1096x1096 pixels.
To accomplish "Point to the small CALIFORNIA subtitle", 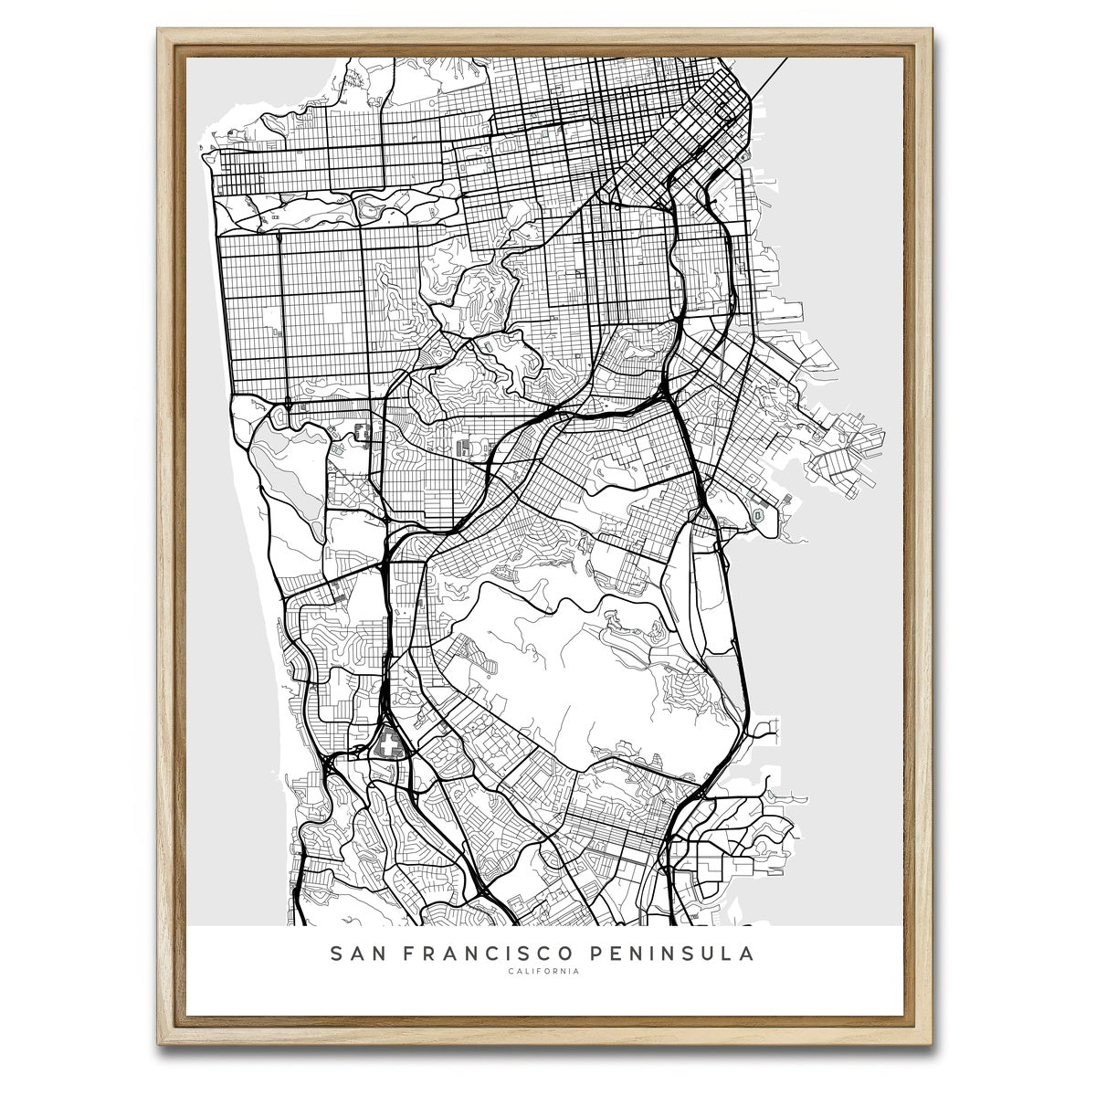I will [x=543, y=972].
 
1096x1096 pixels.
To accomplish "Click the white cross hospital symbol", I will [x=392, y=743].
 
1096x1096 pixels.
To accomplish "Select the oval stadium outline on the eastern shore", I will [x=760, y=516].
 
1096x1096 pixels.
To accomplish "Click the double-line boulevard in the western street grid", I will [x=280, y=311].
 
